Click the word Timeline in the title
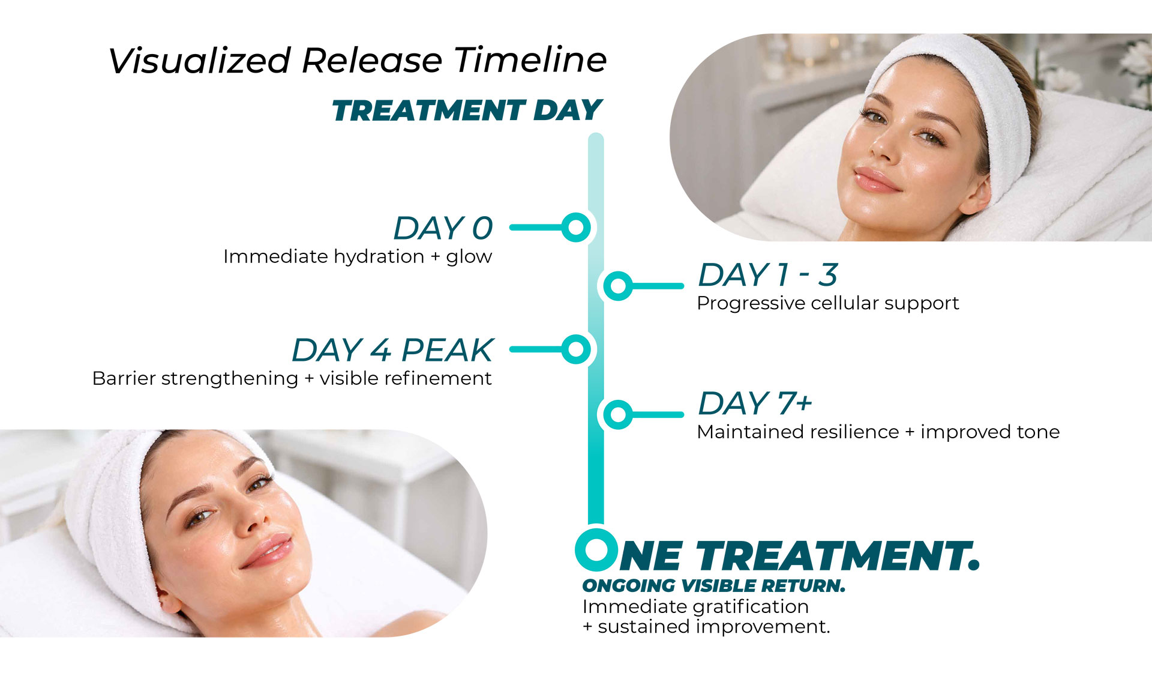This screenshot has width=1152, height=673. [530, 60]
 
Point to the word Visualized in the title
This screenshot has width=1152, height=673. [200, 61]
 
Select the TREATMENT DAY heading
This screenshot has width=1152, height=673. [467, 110]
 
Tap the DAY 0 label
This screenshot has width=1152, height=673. [443, 228]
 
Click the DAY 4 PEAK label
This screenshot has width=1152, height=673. [392, 350]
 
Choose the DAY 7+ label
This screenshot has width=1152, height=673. [755, 403]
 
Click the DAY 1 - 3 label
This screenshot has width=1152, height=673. [768, 275]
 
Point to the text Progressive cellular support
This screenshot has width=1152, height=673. [828, 303]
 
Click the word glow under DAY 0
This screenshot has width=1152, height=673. [469, 257]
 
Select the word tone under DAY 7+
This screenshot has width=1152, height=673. [1038, 432]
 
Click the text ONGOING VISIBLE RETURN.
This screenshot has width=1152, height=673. [714, 585]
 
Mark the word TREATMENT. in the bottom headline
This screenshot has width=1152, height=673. [838, 556]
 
